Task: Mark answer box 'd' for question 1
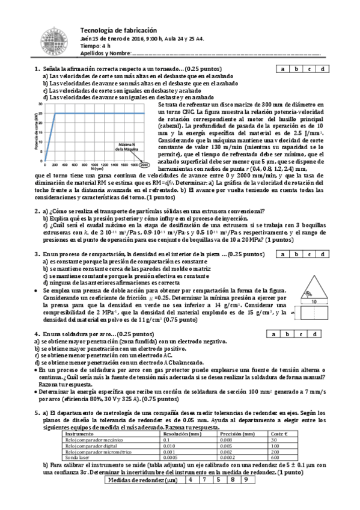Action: pos(323,69)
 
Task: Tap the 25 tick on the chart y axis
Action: pos(40,113)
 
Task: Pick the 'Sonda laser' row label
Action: pos(79,457)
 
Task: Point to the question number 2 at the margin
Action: pos(37,210)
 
